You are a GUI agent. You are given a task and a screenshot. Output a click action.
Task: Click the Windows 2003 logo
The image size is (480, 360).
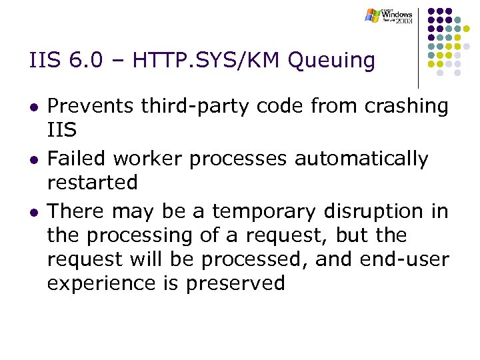[389, 15]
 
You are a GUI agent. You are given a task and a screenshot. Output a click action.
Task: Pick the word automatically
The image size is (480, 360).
[361, 159]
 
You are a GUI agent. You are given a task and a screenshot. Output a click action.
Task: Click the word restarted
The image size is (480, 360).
[93, 182]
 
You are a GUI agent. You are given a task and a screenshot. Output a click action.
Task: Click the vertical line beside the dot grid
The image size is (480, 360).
[418, 47]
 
